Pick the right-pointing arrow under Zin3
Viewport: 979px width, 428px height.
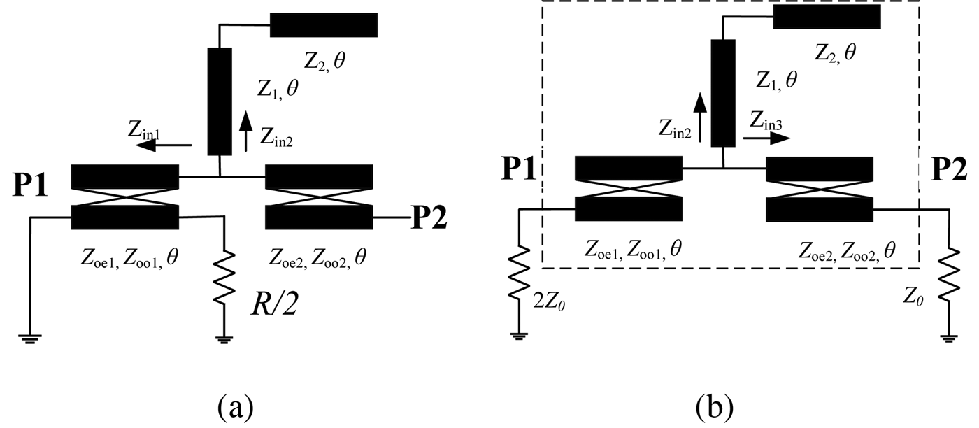coord(766,138)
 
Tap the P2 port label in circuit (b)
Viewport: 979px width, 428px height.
coord(948,169)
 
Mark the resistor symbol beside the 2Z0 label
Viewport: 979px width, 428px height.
coord(519,273)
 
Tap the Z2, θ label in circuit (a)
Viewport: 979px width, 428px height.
coord(324,61)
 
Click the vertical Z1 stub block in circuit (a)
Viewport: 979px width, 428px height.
coord(220,101)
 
